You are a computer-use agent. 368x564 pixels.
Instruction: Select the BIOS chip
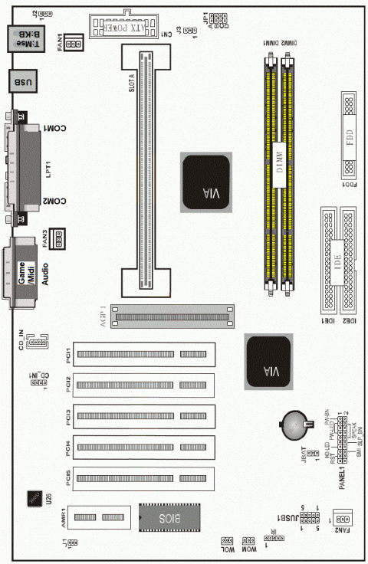coord(169,518)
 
